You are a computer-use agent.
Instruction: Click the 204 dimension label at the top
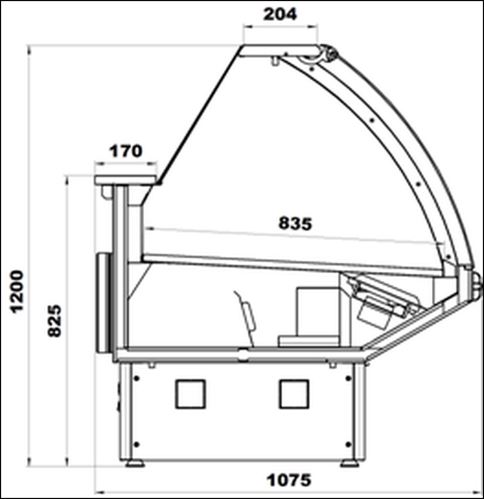[280, 15]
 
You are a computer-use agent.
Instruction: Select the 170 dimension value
[126, 151]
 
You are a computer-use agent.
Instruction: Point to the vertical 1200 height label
[17, 292]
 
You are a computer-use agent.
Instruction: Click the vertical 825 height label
[54, 321]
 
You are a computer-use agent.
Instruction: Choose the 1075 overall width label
[289, 480]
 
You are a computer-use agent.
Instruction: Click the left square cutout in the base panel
[190, 394]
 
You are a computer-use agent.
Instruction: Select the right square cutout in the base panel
[294, 394]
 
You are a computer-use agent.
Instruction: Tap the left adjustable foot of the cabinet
[135, 463]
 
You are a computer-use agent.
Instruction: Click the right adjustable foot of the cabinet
[350, 463]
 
